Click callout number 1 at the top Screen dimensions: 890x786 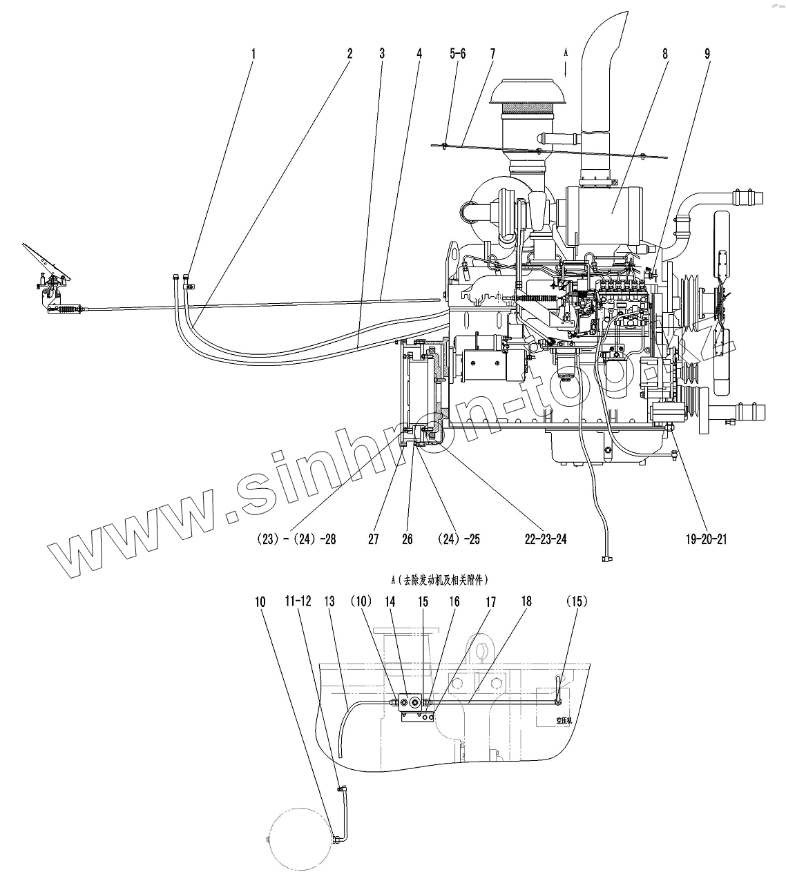[253, 53]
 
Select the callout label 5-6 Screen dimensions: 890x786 [458, 53]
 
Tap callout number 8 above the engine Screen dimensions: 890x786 [665, 53]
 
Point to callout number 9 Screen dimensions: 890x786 [707, 53]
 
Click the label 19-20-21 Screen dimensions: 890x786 [707, 539]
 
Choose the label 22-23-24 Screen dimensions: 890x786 [546, 539]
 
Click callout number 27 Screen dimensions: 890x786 [374, 539]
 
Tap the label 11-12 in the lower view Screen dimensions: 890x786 [297, 601]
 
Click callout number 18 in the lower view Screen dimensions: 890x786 [526, 601]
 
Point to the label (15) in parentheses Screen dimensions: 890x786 [576, 601]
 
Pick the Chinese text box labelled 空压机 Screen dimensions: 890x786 [566, 720]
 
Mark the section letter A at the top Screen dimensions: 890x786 [566, 52]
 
